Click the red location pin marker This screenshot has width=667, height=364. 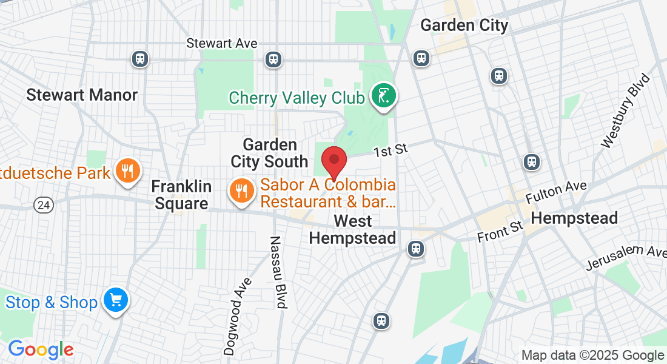333,161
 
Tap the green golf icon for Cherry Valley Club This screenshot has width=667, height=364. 384,96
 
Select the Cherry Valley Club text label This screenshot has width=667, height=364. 297,98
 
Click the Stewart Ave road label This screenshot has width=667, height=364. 222,44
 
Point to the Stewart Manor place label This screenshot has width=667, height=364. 82,95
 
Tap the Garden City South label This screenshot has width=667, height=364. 270,153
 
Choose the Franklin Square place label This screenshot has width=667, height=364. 181,195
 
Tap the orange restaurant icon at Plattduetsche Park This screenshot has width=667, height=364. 127,172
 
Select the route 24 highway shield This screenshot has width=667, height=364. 44,205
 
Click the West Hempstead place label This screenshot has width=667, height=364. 352,229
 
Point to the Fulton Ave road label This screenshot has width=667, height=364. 556,192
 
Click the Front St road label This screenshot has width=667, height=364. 500,231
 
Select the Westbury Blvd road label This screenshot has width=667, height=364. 625,111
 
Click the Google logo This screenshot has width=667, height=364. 41,349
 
